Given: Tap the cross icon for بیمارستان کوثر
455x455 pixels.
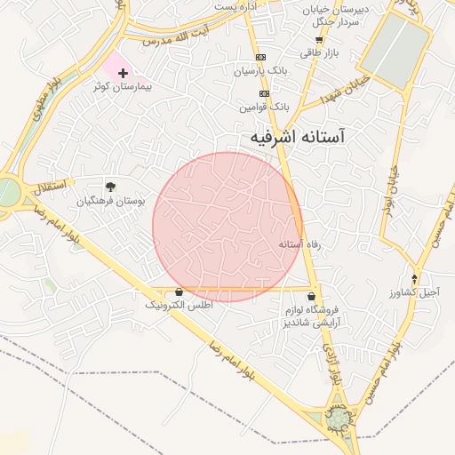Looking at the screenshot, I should click(x=123, y=73).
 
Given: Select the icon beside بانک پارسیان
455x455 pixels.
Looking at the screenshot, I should click(x=259, y=69).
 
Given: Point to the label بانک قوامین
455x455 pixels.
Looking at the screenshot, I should click(x=265, y=107).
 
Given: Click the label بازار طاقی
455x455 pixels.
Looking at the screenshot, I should click(x=319, y=52).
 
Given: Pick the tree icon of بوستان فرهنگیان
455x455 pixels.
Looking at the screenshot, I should click(x=110, y=187).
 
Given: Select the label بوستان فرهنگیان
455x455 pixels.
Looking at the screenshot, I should click(x=110, y=201).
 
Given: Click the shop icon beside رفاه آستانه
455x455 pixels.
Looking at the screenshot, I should click(x=299, y=243).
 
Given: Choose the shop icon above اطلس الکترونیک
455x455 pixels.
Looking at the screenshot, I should click(x=180, y=291).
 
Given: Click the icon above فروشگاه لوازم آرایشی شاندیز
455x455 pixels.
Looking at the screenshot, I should click(x=311, y=297).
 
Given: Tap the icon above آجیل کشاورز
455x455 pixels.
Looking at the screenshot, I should click(x=415, y=279).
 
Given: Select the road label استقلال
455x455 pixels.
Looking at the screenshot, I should click(x=51, y=188).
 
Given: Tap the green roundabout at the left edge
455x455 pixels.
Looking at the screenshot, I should click(x=7, y=191).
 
